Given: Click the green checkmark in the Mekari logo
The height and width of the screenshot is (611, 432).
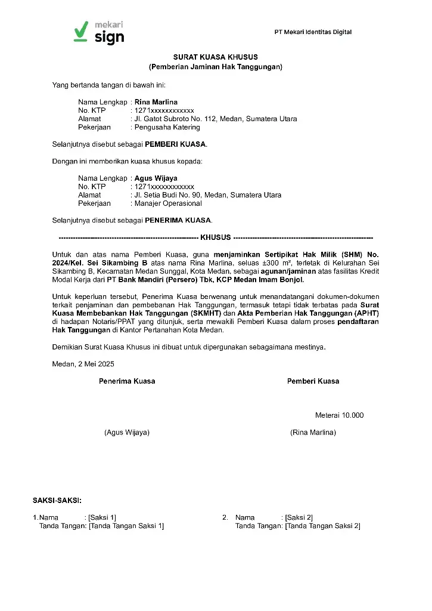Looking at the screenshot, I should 81,32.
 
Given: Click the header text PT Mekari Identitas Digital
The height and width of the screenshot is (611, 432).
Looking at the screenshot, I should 313,32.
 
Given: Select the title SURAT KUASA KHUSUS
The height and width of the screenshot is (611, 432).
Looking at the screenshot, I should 215,57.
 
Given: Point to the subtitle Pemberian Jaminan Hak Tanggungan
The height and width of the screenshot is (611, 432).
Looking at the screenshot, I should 215,67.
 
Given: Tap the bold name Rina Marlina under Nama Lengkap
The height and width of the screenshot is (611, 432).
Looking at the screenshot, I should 156,102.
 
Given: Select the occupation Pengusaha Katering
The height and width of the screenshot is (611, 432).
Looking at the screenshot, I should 167,127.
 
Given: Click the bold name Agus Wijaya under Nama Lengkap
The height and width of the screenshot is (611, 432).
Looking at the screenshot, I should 156,178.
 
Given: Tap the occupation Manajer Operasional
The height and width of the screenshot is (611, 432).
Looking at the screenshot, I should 168,203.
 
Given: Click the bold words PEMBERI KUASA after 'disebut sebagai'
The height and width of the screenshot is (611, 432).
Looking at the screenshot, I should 176,144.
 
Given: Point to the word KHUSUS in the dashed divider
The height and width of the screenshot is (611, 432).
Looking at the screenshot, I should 215,237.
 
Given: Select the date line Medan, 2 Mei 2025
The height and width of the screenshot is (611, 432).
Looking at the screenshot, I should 83,363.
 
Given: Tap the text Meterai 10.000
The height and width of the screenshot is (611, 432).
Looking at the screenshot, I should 339,415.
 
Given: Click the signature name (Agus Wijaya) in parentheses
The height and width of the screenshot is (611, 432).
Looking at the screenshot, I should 127,432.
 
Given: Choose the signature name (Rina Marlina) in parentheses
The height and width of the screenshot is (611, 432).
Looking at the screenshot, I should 313,432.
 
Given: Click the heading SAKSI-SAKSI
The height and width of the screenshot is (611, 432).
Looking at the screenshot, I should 57,500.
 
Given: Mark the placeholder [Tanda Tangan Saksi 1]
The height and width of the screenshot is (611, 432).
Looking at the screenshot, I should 126,526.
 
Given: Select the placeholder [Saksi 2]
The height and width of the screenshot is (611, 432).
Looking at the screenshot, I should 299,517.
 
